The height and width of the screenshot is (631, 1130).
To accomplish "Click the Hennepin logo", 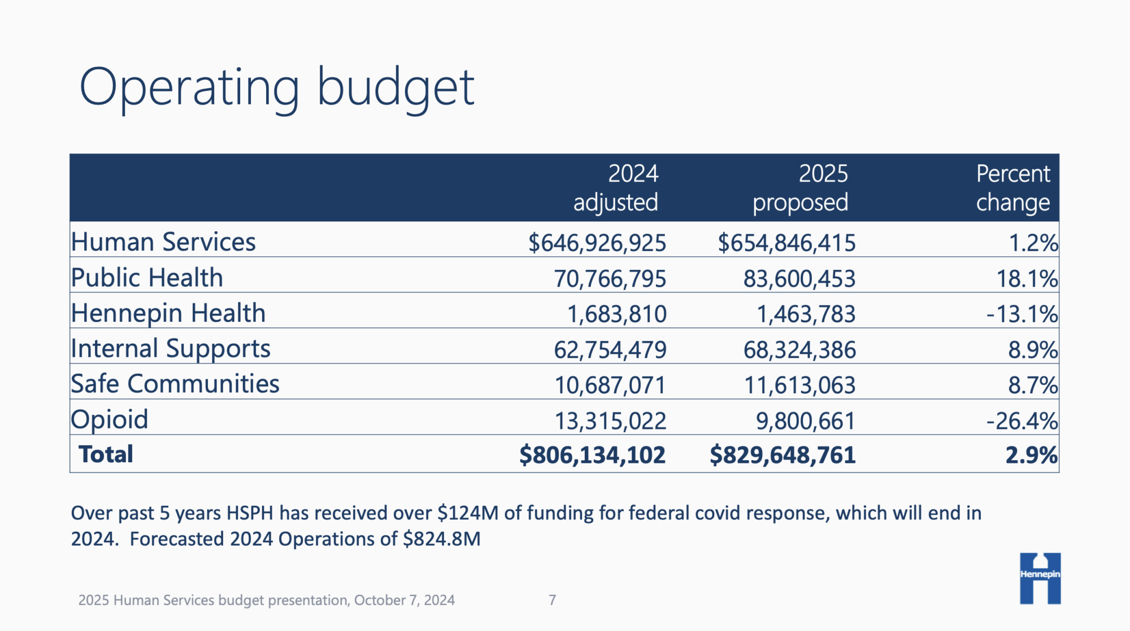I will pos(1040,578).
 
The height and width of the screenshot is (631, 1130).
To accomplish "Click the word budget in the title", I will pos(395,88).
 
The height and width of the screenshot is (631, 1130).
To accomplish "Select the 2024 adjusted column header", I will pos(616,188).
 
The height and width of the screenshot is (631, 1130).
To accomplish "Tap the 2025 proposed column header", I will pos(800,188).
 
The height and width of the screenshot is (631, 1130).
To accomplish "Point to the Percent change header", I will pos(1012,188).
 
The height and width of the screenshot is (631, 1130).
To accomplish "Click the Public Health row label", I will pos(147,278).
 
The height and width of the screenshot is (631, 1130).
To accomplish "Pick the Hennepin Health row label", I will pos(168,313).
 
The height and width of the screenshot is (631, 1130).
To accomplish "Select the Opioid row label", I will pos(109,419).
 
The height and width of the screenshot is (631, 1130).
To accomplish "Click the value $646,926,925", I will pos(597,243).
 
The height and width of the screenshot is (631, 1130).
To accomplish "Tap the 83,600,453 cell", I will pos(799,279).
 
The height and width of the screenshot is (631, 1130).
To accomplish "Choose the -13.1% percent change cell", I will pos(1022,314).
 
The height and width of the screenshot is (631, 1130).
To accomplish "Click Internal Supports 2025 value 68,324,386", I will pos(799,350).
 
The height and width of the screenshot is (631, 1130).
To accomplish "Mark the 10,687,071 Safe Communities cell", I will pos(610,385).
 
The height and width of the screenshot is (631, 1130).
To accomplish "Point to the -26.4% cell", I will pos(1022,421).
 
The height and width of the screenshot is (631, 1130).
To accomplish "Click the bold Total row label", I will pos(106,454).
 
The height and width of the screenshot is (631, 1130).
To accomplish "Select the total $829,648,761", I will pos(783,455).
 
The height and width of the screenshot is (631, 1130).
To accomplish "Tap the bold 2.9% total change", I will pos(1031,455).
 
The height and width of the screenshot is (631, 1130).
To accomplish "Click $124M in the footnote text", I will pos(468,513).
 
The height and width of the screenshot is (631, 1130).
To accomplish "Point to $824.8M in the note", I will pos(441,539).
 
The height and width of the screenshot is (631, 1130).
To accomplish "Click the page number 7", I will pos(552,600).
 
